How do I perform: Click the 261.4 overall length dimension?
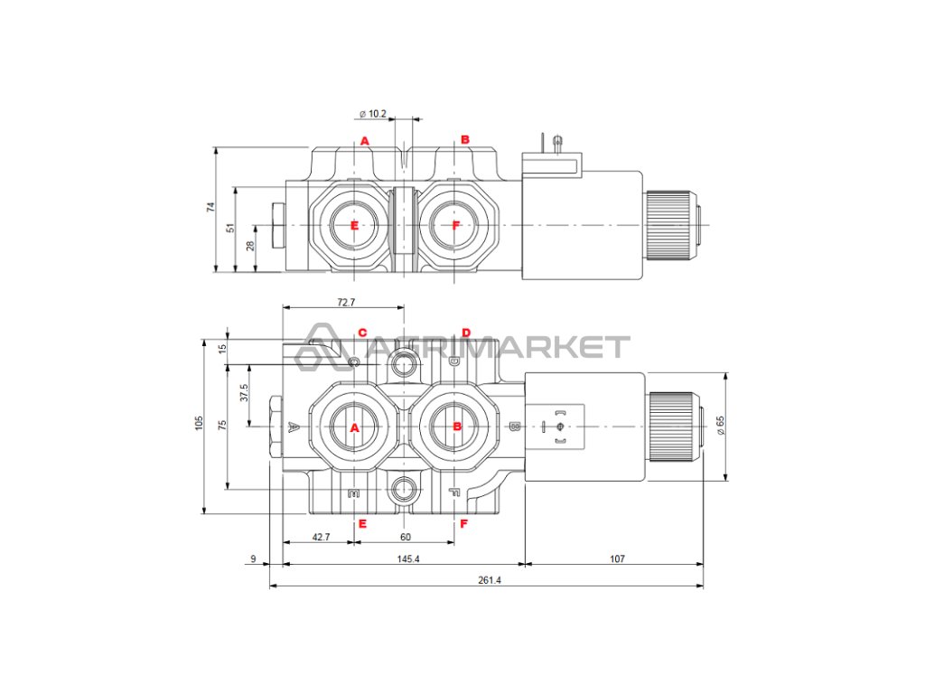tap(488, 580)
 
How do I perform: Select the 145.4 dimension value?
tap(407, 559)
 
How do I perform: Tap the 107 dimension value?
tap(617, 559)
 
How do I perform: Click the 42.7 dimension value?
tap(321, 537)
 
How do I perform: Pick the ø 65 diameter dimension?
tap(720, 425)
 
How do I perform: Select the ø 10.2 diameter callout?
tap(373, 114)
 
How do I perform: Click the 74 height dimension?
tap(210, 207)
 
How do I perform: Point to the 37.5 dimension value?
tap(243, 394)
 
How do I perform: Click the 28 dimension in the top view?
tap(251, 247)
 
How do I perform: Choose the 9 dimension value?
tap(253, 559)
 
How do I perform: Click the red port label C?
tap(362, 333)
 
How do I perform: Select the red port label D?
tap(466, 333)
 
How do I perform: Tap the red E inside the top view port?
tap(354, 225)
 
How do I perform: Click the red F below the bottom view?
tap(462, 523)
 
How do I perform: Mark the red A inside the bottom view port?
tap(354, 427)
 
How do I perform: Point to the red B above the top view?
tap(465, 139)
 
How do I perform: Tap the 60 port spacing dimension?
tap(406, 537)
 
